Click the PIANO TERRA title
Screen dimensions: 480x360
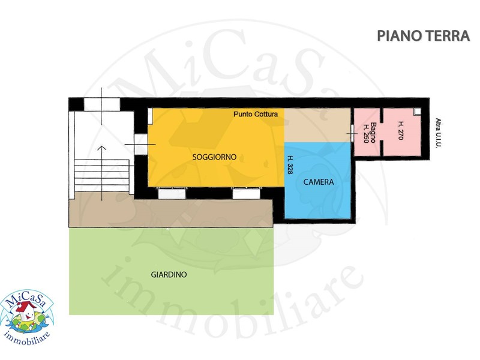pyautogui.click(x=423, y=36)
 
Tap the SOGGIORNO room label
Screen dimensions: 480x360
pyautogui.click(x=214, y=157)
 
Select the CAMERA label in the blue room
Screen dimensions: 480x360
pyautogui.click(x=319, y=182)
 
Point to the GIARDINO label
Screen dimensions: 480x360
pyautogui.click(x=169, y=275)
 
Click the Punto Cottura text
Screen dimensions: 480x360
pyautogui.click(x=256, y=114)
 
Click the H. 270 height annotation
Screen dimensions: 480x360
pyautogui.click(x=400, y=130)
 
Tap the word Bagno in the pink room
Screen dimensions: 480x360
pyautogui.click(x=373, y=133)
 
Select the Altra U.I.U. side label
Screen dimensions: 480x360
pyautogui.click(x=439, y=133)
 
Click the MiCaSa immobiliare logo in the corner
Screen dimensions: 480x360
pyautogui.click(x=27, y=317)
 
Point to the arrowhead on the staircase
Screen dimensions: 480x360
pyautogui.click(x=102, y=148)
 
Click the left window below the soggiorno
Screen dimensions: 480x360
pyautogui.click(x=172, y=194)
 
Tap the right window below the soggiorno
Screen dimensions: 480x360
pyautogui.click(x=246, y=194)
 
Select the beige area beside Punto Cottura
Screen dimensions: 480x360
pyautogui.click(x=317, y=125)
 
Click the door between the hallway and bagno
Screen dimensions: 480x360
pyautogui.click(x=352, y=133)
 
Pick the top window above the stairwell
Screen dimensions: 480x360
pyautogui.click(x=102, y=104)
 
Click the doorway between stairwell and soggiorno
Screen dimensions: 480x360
pyautogui.click(x=141, y=144)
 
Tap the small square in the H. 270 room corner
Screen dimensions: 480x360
pyautogui.click(x=418, y=112)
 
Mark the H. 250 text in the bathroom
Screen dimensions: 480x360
pyautogui.click(x=365, y=133)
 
